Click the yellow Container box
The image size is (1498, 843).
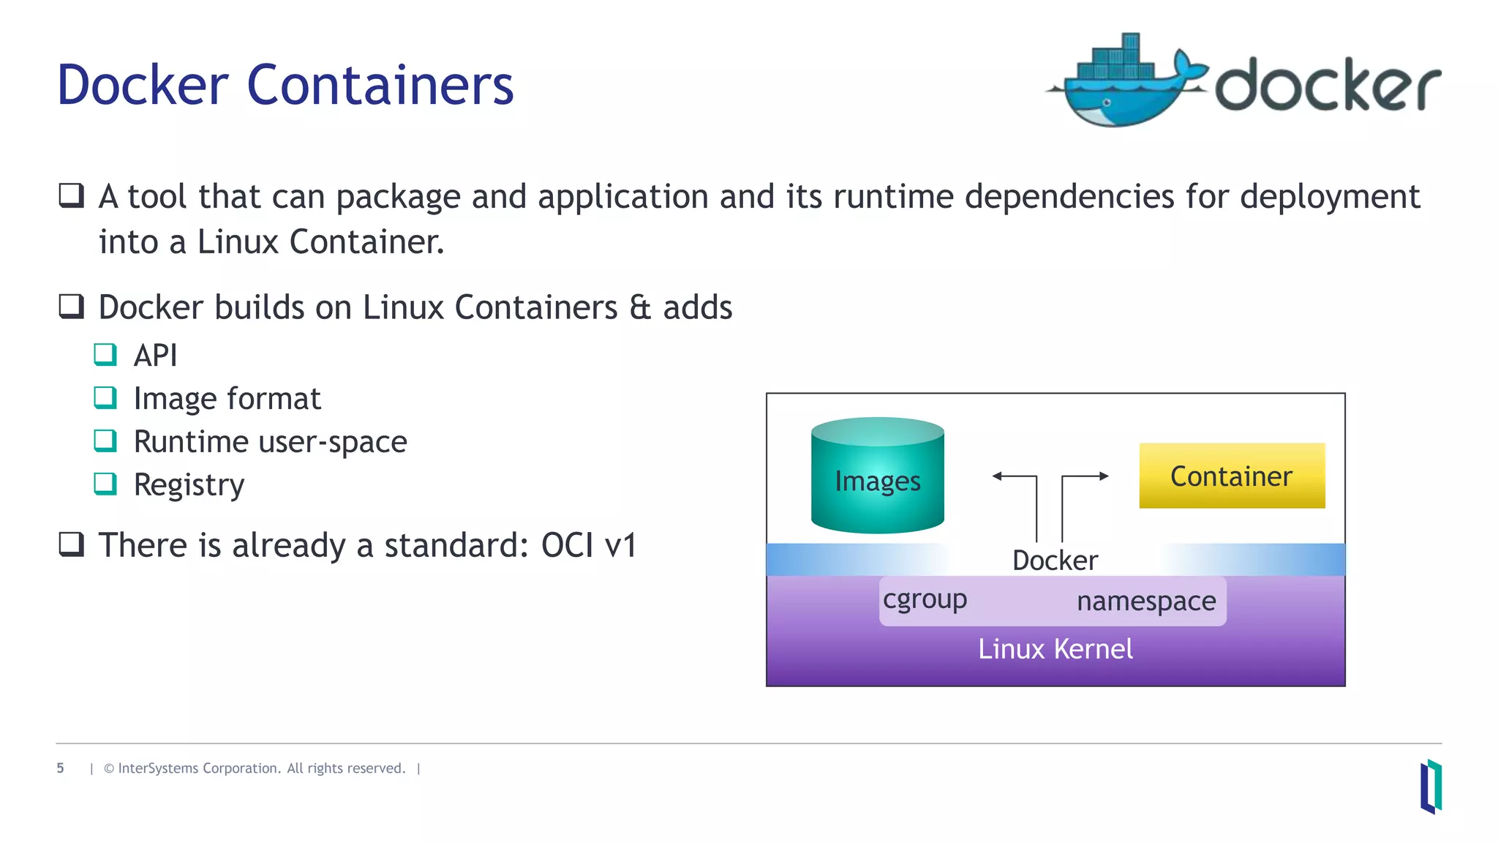point(1232,476)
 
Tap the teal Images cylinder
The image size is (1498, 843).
point(877,476)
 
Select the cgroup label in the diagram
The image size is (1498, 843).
point(925,599)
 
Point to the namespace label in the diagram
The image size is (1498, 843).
point(1146,602)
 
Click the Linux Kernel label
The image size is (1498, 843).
point(1055,649)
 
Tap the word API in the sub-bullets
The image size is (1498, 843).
point(155,356)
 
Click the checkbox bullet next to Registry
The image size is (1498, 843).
point(105,484)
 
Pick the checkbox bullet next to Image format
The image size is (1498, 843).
point(105,397)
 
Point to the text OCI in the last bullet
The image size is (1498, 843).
point(566,546)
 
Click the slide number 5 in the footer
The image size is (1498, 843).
point(60,768)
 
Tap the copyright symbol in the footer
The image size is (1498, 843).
point(109,768)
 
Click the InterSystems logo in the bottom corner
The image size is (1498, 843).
point(1431,787)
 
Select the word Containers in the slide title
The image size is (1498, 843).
point(380,86)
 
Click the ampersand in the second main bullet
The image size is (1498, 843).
point(639,307)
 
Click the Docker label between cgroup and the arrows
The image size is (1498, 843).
point(1055,561)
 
